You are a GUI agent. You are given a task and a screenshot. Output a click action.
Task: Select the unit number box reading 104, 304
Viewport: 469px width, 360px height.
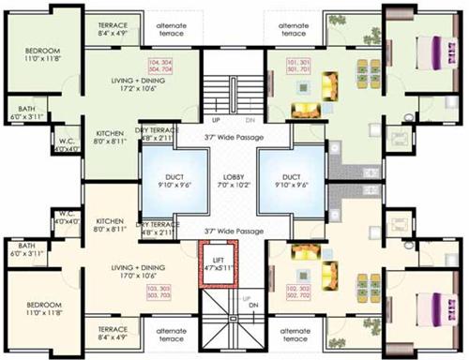point(161,67)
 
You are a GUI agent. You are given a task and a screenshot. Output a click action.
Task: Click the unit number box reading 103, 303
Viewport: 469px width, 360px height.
point(159,291)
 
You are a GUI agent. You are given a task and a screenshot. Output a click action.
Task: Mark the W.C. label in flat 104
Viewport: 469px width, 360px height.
point(64,142)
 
